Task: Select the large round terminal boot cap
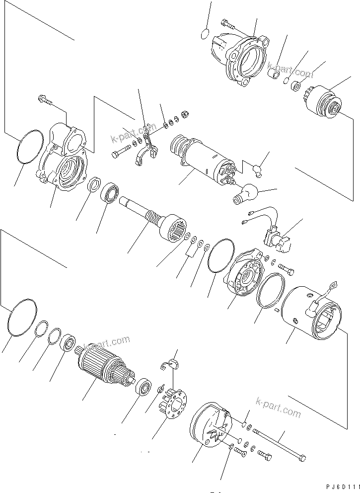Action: coord(246,193)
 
